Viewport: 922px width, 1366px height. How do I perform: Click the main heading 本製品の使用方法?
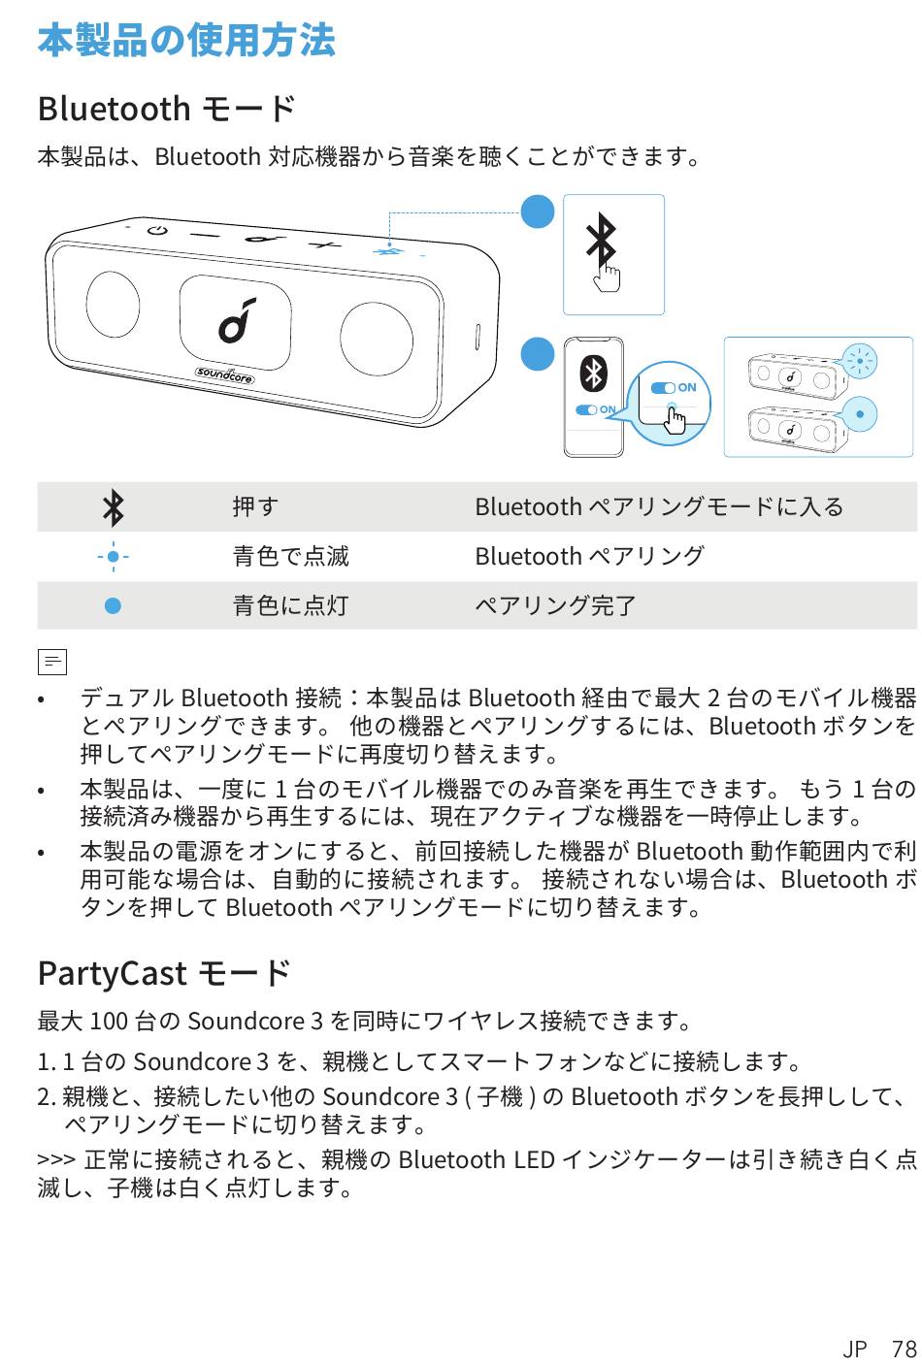click(186, 41)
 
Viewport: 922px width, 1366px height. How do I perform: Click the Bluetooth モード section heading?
click(166, 109)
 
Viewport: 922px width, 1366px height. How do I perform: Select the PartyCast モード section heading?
click(163, 972)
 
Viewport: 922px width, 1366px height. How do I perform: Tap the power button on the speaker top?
click(157, 231)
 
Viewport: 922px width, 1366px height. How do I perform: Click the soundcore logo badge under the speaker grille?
click(224, 374)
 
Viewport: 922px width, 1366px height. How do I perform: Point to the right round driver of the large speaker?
click(376, 338)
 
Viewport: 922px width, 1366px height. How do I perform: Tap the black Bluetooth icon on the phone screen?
click(592, 374)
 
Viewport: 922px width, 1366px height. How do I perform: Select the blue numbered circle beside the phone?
click(537, 354)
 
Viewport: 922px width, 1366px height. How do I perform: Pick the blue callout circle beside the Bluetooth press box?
click(537, 211)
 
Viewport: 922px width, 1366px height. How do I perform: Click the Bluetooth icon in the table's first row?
click(114, 507)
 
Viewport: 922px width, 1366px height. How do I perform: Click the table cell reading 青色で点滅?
click(290, 557)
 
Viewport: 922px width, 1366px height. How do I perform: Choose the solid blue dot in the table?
click(113, 606)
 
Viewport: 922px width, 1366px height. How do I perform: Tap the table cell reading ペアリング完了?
click(555, 606)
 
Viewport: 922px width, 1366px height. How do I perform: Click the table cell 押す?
click(255, 507)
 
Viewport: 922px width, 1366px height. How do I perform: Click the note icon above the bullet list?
click(51, 663)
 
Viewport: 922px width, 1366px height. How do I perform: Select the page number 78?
click(904, 1349)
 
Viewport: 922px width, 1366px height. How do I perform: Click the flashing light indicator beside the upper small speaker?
click(859, 362)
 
